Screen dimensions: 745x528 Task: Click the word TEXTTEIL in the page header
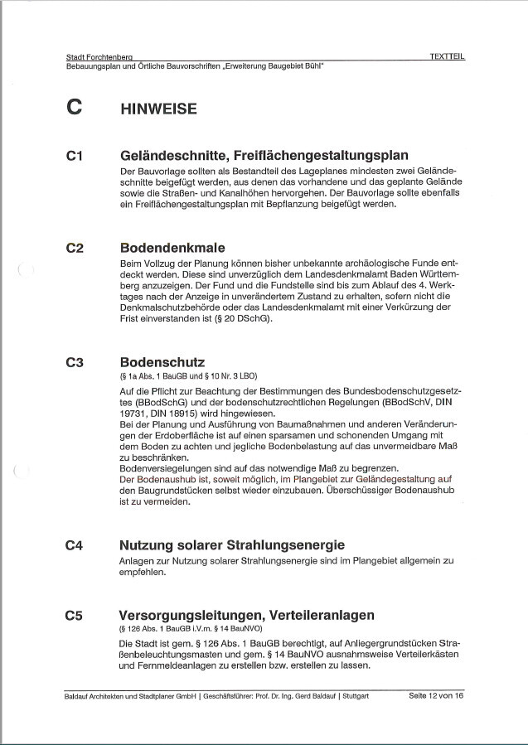(x=447, y=56)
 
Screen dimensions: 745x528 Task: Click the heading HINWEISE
(x=158, y=108)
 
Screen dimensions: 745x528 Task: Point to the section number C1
(x=74, y=155)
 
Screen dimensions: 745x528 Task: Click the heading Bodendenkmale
(x=172, y=248)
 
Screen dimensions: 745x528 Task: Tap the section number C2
(x=75, y=248)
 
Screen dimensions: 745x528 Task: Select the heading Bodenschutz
(x=162, y=363)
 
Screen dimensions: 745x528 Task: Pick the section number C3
(x=75, y=363)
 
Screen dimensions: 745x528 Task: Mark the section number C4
(x=75, y=545)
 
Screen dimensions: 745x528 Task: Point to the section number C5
(x=75, y=616)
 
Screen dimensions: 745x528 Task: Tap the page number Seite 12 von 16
(x=436, y=695)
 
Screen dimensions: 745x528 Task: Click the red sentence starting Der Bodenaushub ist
(x=274, y=479)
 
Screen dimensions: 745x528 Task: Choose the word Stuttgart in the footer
(x=353, y=696)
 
